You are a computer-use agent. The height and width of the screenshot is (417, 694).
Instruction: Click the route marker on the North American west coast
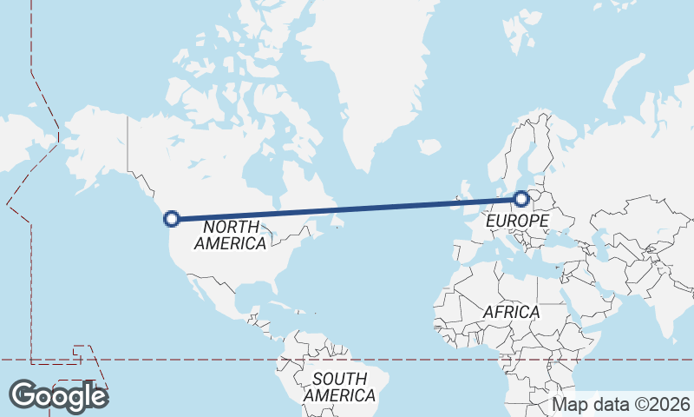(172, 218)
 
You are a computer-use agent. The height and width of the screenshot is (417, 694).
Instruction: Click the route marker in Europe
(521, 199)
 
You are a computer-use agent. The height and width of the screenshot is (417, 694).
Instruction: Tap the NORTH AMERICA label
(230, 235)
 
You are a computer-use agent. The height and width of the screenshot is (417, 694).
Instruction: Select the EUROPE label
(516, 222)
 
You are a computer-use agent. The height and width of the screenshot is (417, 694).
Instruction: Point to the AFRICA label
(511, 311)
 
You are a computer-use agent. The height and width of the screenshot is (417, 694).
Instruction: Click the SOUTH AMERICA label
(339, 387)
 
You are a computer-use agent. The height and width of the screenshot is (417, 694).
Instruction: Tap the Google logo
(58, 395)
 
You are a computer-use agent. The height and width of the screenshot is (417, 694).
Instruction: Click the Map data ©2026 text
(621, 404)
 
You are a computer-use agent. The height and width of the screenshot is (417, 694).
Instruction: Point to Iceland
(429, 147)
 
